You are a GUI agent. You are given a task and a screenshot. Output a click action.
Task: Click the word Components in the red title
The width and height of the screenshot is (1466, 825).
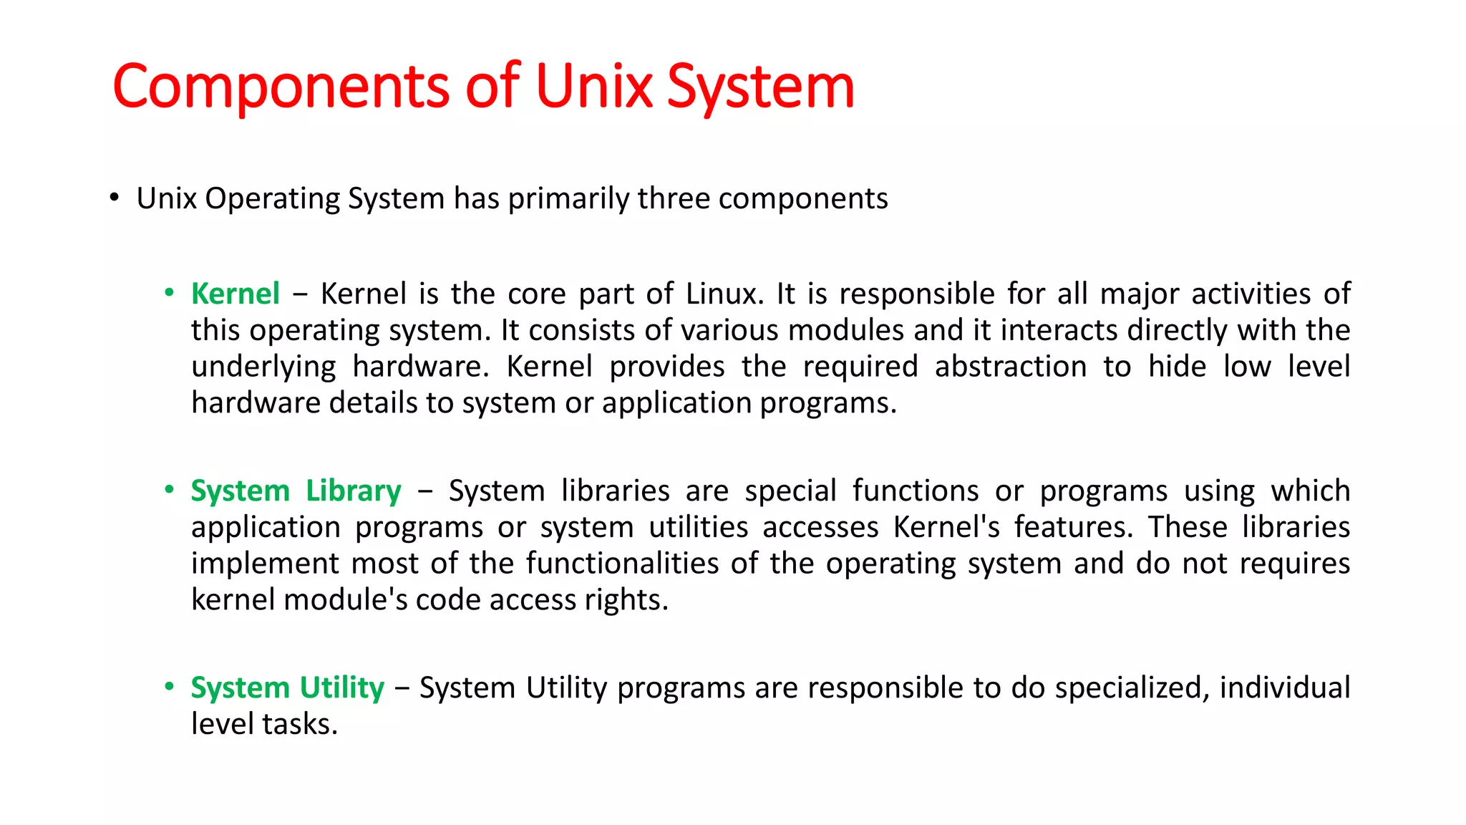[281, 87]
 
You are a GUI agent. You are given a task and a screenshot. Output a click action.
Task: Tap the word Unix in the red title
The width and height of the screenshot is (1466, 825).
[593, 86]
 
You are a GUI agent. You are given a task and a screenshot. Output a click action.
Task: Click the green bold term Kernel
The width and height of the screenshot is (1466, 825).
[235, 294]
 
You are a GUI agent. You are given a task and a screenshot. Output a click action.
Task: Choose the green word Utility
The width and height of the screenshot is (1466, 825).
[341, 688]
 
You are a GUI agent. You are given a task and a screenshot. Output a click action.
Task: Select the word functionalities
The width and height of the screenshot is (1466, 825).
[622, 564]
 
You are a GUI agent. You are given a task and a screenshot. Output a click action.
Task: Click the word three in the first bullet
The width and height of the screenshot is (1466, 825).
[673, 198]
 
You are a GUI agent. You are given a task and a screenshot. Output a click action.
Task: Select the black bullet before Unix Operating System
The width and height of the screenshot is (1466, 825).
[115, 197]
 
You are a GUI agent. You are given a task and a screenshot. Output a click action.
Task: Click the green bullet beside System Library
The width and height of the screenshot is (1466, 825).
[169, 490]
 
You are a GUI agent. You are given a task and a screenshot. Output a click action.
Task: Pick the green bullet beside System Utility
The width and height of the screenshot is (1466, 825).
[169, 687]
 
